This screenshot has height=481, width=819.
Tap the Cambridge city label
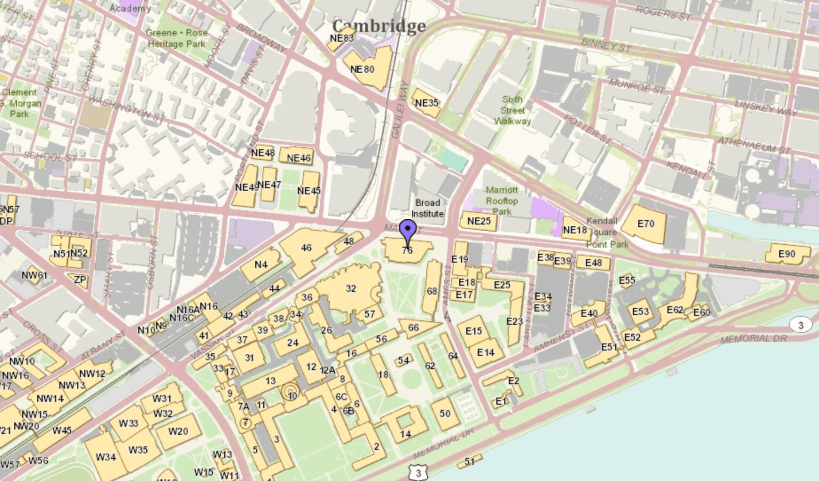point(379,26)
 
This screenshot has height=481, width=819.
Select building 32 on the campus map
point(351,288)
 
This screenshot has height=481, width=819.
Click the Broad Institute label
point(427,208)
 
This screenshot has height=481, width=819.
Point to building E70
point(645,224)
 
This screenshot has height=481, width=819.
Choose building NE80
point(362,69)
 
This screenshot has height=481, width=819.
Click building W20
point(178,431)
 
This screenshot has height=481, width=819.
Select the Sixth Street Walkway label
point(512,110)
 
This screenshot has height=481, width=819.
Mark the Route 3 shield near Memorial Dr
point(800,325)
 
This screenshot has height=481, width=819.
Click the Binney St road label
point(606,45)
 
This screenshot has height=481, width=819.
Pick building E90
point(787,254)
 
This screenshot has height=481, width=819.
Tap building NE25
point(479,221)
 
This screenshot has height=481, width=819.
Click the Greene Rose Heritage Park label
point(177,38)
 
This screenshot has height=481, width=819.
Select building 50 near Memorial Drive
point(445,413)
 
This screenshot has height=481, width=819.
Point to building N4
point(261,264)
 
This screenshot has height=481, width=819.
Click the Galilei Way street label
point(398,109)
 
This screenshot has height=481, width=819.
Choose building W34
point(105,457)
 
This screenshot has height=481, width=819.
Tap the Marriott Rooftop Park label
point(502,201)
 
